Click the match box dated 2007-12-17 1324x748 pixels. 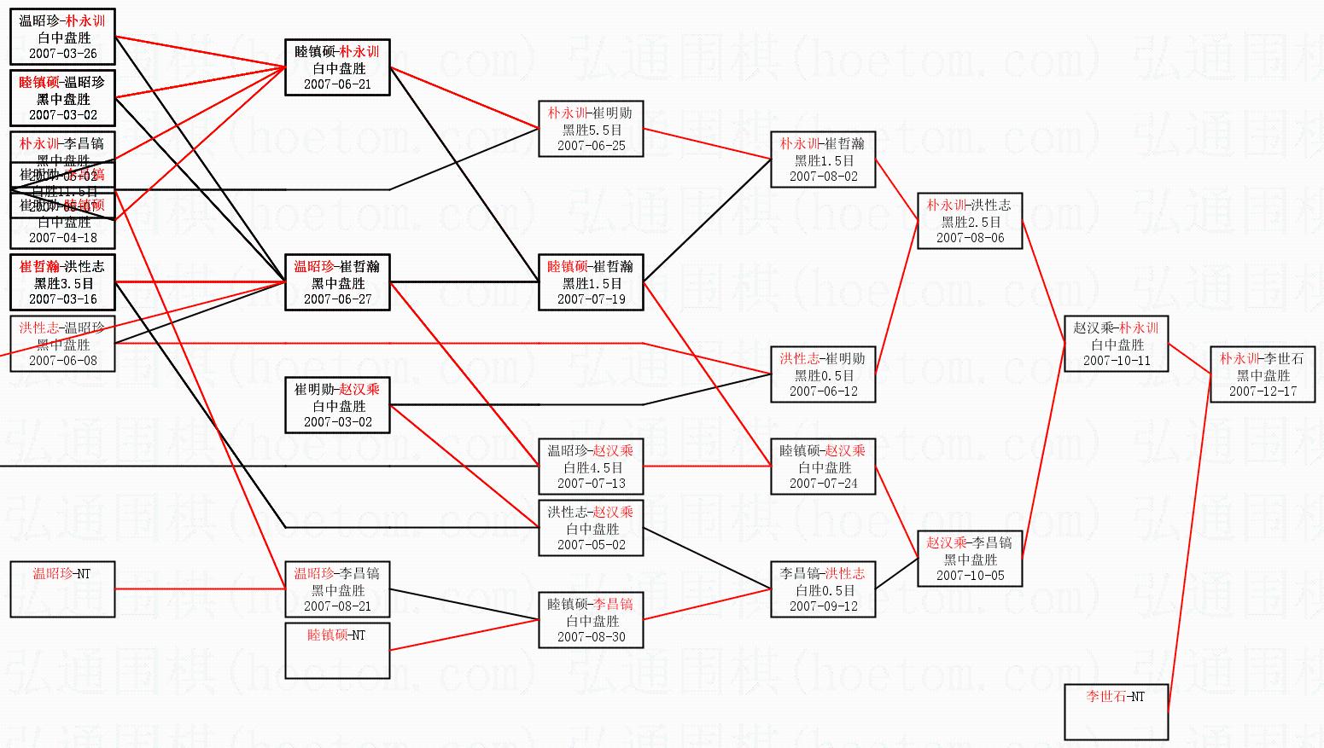point(1263,374)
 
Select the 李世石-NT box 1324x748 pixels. point(1116,711)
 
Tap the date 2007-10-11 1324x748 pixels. point(1117,361)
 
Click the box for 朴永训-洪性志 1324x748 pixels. point(970,221)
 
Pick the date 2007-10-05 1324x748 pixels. point(970,576)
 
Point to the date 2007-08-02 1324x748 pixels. point(823,177)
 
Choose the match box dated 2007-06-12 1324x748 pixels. point(823,374)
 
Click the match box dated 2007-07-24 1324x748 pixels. point(823,467)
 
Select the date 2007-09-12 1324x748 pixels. point(823,606)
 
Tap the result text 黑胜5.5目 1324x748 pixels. point(591,130)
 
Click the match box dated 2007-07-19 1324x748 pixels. point(591,282)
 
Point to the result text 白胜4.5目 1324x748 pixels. point(591,467)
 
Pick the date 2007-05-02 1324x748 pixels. point(591,545)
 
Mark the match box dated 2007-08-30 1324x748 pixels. point(591,620)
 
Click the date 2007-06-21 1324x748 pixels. point(337,84)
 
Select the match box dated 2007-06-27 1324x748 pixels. point(337,282)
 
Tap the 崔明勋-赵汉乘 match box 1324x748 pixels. point(337,405)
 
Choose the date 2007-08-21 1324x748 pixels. point(337,606)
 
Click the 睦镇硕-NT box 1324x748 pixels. point(337,650)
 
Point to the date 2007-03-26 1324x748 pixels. point(62,54)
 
